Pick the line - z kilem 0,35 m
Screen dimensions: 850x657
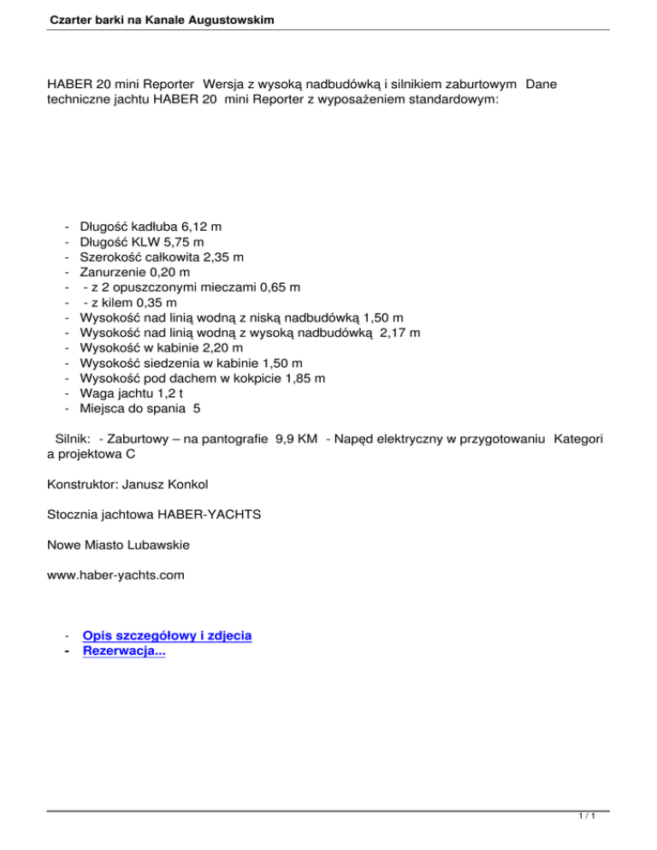tap(129, 302)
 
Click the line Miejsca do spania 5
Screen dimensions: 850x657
tap(140, 407)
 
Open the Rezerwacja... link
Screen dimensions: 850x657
tap(124, 651)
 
